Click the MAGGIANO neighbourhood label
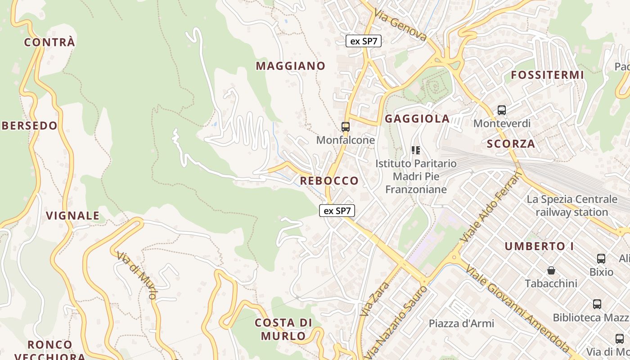point(291,66)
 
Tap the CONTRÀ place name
point(49,42)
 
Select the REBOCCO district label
point(329,181)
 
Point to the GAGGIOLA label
point(417,119)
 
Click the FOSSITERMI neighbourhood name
point(547,75)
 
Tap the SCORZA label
point(511,144)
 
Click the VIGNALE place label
point(73,216)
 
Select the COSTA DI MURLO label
point(283,329)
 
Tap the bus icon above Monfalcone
point(346,127)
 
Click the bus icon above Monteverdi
point(502,110)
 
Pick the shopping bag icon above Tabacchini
point(551,270)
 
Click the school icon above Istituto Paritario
point(416,150)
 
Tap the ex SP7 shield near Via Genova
point(364,41)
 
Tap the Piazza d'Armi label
point(461,324)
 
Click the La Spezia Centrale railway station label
point(572,206)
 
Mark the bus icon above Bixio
point(601,259)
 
